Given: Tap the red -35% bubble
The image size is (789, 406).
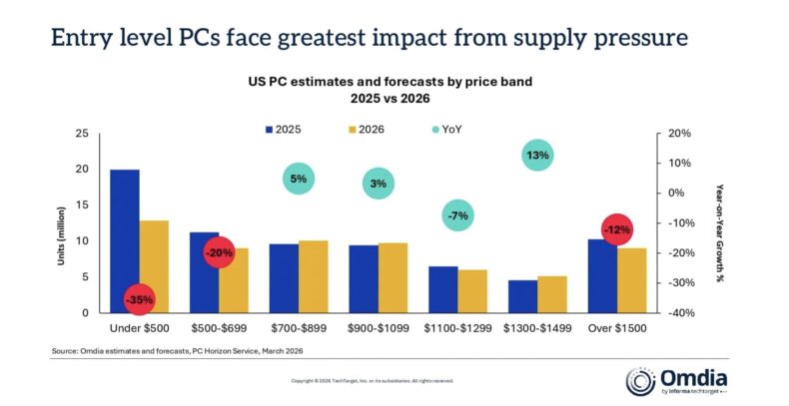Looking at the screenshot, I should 139,298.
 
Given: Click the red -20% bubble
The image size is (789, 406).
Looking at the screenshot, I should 219,253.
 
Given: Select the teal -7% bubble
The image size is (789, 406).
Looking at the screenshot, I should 458,215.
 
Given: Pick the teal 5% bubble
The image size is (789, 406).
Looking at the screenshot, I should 299,180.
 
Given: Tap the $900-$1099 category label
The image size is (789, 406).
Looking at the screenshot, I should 378,328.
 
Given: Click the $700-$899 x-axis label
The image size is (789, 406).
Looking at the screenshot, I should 299,328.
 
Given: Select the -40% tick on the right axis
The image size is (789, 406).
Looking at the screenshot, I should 666,313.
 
